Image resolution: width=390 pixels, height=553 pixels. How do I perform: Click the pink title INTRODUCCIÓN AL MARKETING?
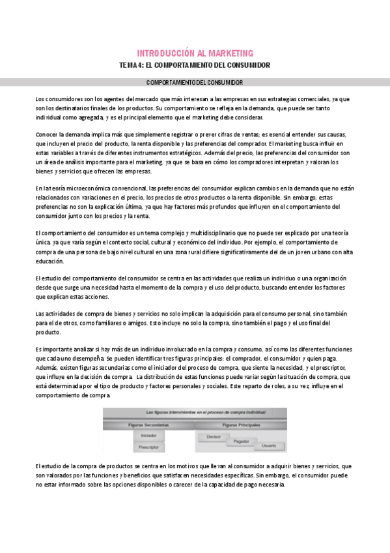(x=195, y=53)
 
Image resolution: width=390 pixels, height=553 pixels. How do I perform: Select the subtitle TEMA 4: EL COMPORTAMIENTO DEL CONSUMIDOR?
(x=195, y=65)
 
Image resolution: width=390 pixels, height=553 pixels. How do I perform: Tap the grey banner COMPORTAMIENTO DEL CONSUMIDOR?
(x=195, y=83)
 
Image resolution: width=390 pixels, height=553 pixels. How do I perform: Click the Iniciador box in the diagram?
(x=148, y=435)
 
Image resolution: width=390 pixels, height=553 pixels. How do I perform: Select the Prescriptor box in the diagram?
(x=148, y=447)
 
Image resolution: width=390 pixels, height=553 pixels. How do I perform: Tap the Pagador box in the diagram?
(x=242, y=441)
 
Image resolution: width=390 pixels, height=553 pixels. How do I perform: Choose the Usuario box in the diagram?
(x=268, y=447)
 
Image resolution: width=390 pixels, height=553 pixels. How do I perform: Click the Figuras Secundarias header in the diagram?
(x=149, y=424)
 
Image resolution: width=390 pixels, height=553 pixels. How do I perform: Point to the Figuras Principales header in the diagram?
(x=242, y=424)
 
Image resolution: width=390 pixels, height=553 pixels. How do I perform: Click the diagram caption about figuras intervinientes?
(x=195, y=412)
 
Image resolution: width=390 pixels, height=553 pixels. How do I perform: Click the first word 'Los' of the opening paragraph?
(x=40, y=98)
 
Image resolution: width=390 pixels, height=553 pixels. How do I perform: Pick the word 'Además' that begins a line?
(x=46, y=368)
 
